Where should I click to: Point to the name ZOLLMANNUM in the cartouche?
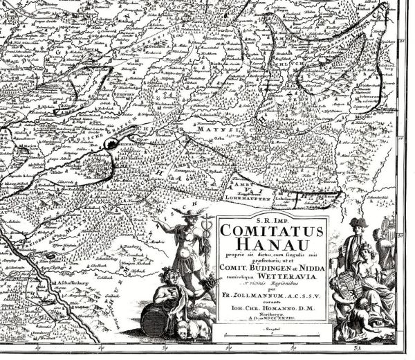[266, 297]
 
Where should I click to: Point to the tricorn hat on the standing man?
[358, 223]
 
